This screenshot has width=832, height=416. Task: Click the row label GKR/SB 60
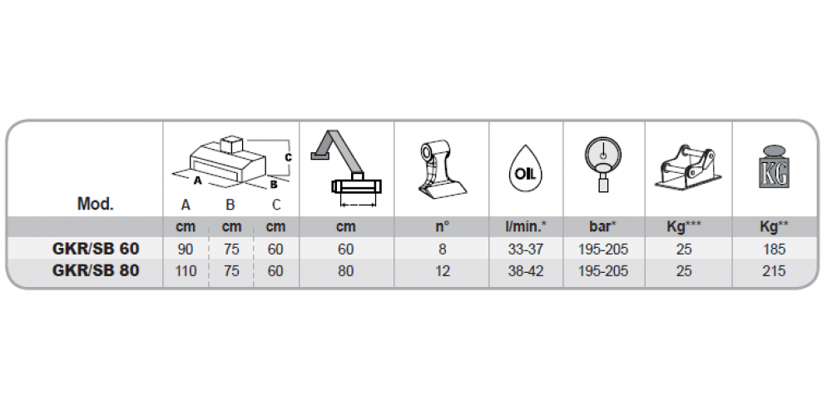pos(96,248)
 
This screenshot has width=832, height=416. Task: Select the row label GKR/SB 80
pos(96,270)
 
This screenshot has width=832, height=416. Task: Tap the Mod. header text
pos(96,204)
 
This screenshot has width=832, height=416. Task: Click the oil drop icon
pos(525,168)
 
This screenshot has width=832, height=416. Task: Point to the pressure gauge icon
pos(602,163)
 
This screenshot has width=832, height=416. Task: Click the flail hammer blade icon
pos(441,168)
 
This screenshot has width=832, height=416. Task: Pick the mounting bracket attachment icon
pos(688,166)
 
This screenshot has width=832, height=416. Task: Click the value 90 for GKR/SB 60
pos(186,249)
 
